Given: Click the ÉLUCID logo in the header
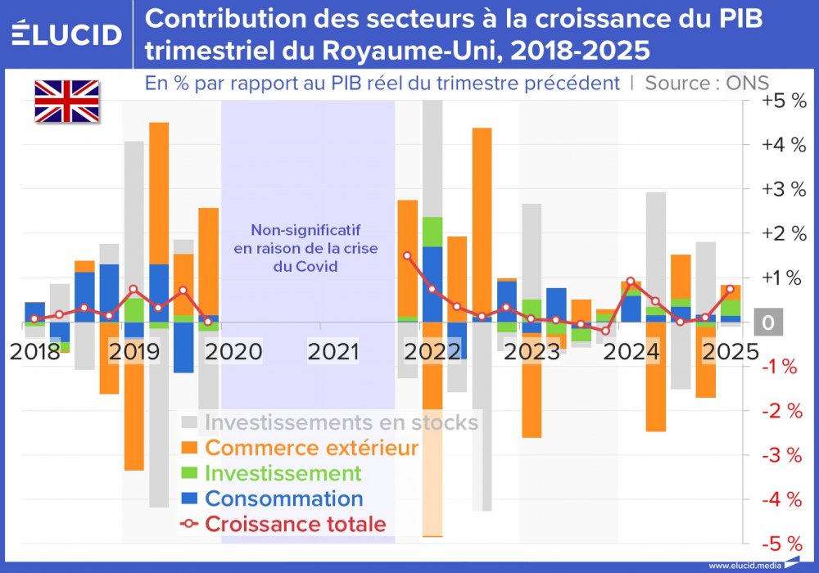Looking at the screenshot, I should tap(67, 34).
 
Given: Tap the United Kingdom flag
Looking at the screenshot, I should tap(66, 102).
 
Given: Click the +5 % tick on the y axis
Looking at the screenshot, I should tap(784, 102).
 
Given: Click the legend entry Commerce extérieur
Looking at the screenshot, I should tap(311, 448).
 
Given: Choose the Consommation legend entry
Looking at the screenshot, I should tap(283, 499).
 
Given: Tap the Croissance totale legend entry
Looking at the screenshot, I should tap(295, 524).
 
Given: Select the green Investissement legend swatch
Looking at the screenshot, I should tap(189, 473).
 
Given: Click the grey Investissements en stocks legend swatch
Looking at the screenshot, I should tap(189, 422).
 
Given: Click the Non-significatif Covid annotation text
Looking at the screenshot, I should tap(305, 248).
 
